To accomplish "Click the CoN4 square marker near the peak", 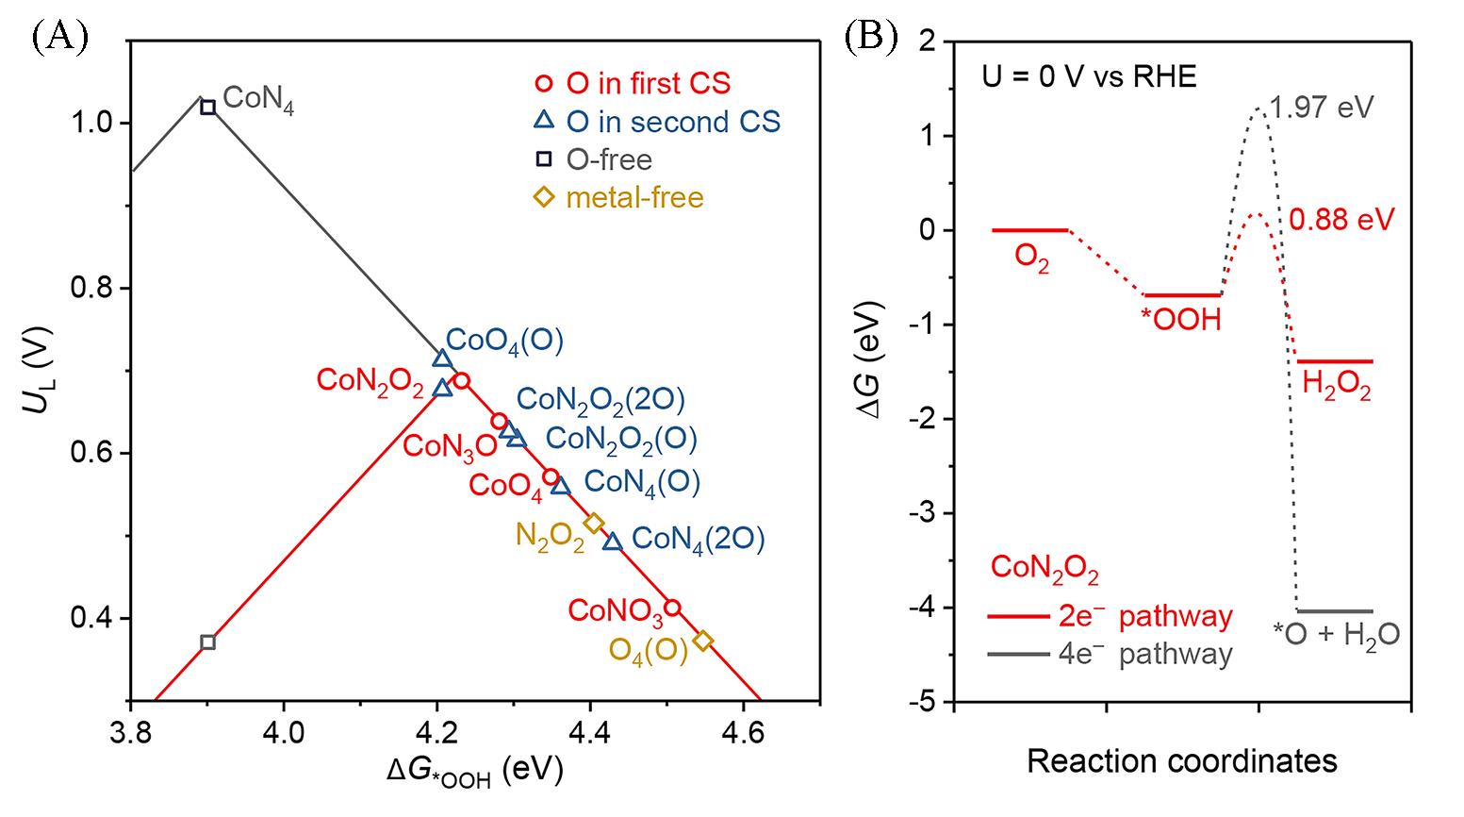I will pyautogui.click(x=208, y=108).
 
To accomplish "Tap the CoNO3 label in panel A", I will pyautogui.click(x=616, y=612).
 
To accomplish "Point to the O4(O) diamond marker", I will pyautogui.click(x=702, y=641).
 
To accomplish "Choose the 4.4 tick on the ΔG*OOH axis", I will pyautogui.click(x=589, y=729).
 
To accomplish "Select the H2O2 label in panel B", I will pyautogui.click(x=1336, y=387).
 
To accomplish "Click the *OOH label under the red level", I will pyautogui.click(x=1181, y=321).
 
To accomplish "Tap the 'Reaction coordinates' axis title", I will pyautogui.click(x=1181, y=760).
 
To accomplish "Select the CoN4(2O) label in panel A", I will pyautogui.click(x=698, y=539).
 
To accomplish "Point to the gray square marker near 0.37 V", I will pyautogui.click(x=208, y=642).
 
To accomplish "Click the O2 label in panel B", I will pyautogui.click(x=1032, y=258).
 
